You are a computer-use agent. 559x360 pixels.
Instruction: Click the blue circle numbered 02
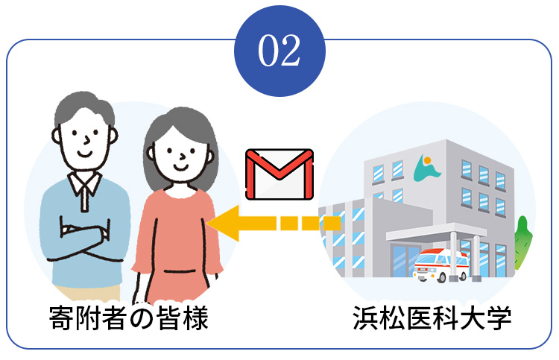279,49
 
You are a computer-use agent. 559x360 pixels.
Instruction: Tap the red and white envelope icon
279,174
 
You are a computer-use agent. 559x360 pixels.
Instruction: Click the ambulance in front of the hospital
440,264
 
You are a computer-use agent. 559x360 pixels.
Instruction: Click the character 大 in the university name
473,320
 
